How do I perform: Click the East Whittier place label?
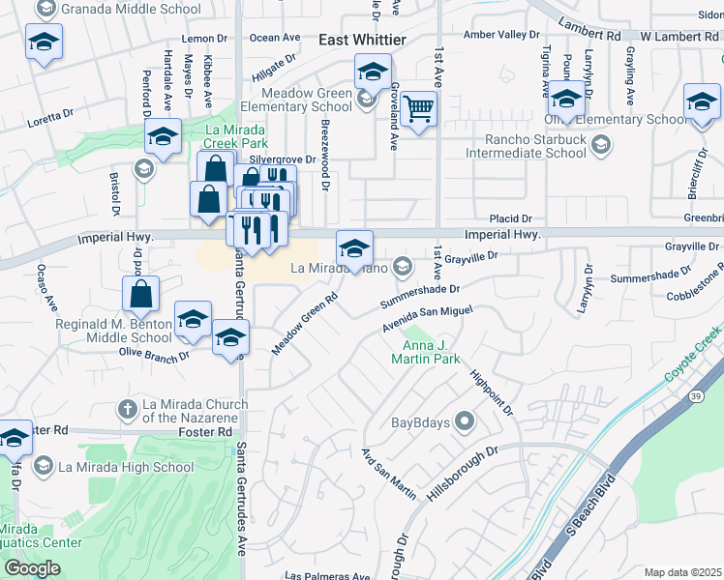click(x=362, y=39)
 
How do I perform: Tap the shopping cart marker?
click(x=419, y=108)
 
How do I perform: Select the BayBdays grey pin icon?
click(x=466, y=421)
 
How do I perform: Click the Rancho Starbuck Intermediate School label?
click(x=526, y=145)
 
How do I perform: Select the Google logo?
click(x=32, y=568)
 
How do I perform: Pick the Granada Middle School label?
click(x=131, y=10)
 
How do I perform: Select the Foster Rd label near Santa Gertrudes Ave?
click(x=206, y=431)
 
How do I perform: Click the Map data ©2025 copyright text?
click(x=682, y=572)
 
